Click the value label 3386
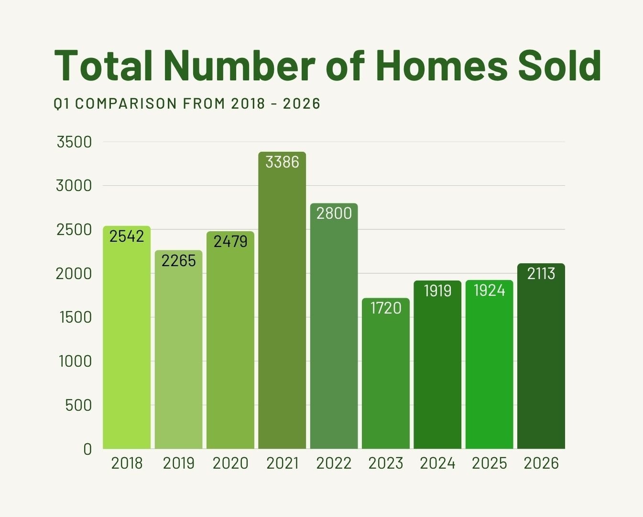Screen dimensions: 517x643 click(282, 162)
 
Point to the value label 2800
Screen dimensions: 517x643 click(334, 213)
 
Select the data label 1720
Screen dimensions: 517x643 click(386, 308)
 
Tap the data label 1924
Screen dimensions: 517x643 click(490, 290)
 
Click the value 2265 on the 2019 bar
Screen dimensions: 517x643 click(178, 260)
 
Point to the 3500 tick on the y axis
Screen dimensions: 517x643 click(74, 142)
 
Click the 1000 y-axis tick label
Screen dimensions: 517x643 click(75, 361)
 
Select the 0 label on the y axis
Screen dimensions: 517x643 click(87, 449)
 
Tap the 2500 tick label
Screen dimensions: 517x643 click(74, 230)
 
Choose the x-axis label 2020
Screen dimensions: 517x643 click(230, 463)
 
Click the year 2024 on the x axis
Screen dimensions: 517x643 click(437, 463)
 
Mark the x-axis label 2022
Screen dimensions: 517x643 click(334, 463)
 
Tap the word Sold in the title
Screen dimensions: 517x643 click(559, 65)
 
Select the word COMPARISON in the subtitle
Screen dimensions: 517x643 click(126, 103)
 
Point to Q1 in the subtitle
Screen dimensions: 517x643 click(62, 103)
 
